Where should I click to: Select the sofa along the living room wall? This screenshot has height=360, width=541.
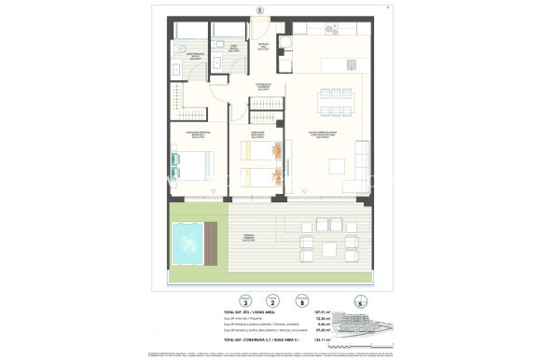(x=362, y=164)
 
